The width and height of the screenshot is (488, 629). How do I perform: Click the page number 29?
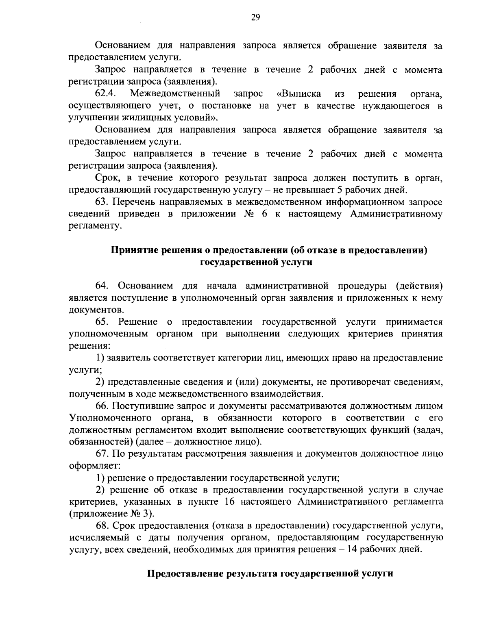pos(256,17)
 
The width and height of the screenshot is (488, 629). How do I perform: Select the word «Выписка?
pos(298,94)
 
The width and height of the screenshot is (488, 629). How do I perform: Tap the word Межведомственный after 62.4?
pos(175,94)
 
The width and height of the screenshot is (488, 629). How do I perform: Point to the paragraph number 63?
pos(102,202)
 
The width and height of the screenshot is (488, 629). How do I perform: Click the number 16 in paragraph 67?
pos(230,502)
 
